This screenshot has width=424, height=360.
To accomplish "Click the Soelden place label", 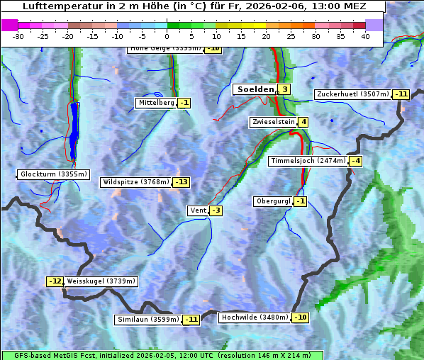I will (254, 89).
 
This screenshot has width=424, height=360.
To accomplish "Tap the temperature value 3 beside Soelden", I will (284, 89).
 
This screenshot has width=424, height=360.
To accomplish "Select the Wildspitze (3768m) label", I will (136, 182).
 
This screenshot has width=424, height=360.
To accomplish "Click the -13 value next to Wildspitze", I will (182, 182).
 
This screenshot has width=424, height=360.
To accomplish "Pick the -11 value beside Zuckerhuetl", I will (402, 94).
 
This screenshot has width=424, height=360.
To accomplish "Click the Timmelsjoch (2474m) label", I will (308, 161).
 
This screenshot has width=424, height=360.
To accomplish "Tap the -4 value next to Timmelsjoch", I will (355, 161).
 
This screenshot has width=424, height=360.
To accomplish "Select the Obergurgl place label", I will (273, 201).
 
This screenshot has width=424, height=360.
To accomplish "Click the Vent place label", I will (197, 210).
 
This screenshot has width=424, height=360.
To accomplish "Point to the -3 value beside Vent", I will (216, 210).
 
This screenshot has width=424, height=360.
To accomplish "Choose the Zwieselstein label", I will (273, 122).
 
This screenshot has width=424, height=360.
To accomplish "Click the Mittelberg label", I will (156, 103).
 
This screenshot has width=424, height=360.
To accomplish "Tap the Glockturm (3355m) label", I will (54, 174).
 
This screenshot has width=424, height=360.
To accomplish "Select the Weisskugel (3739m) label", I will (101, 281).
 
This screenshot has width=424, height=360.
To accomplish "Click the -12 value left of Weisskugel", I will (55, 281).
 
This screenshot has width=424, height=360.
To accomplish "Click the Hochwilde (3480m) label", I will (255, 317).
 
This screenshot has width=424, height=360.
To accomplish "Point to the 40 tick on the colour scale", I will (365, 35).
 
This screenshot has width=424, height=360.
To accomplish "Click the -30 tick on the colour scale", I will (18, 35).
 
